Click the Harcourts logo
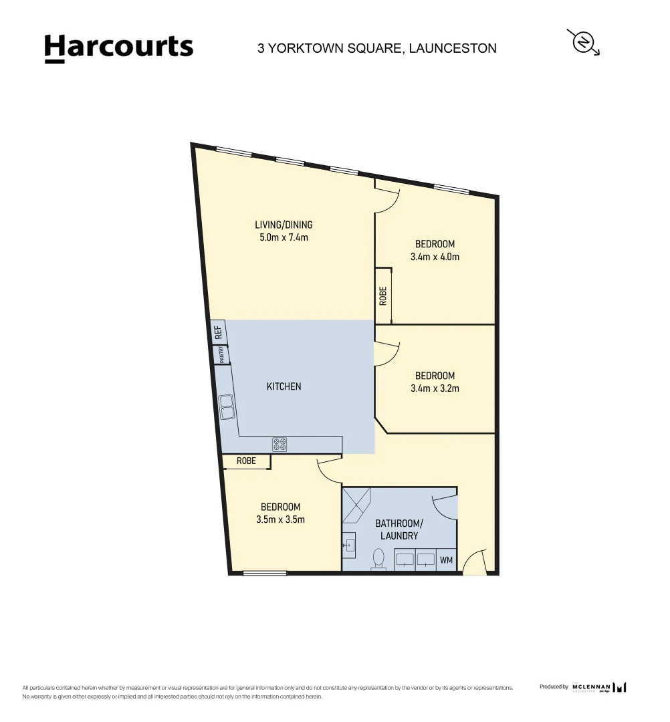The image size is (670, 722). click(x=118, y=48)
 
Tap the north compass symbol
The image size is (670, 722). click(x=584, y=42)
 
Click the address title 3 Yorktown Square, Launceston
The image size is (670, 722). click(x=376, y=48)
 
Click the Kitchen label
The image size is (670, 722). click(x=284, y=386)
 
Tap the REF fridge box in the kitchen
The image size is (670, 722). click(x=218, y=332)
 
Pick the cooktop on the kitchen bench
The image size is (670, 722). click(x=280, y=444)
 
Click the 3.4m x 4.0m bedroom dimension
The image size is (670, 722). click(x=435, y=257)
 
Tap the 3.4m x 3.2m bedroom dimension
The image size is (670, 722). click(x=435, y=388)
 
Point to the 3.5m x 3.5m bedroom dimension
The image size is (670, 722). click(x=280, y=519)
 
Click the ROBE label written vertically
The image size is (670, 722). click(x=383, y=295)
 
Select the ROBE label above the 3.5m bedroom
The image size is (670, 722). click(x=246, y=461)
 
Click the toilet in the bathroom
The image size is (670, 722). click(x=379, y=559)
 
